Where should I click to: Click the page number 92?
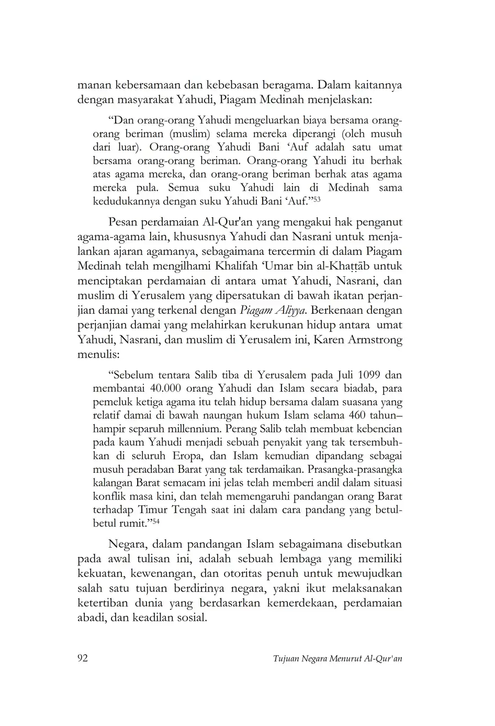(x=83, y=658)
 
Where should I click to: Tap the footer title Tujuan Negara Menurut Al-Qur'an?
(x=337, y=659)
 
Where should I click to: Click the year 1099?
(x=371, y=375)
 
